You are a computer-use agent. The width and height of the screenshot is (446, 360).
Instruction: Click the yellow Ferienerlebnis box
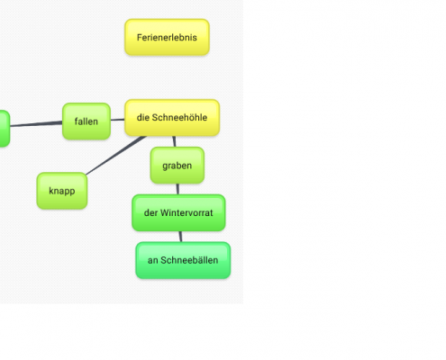(x=167, y=37)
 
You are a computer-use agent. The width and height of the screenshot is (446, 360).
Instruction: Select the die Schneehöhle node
(x=172, y=118)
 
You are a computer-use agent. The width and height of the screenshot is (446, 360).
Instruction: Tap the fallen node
(x=86, y=121)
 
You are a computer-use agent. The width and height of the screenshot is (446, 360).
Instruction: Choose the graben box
(x=177, y=166)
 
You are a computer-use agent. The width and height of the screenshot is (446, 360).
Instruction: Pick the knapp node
(x=62, y=191)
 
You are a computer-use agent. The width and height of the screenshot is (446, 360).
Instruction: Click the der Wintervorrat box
(x=178, y=212)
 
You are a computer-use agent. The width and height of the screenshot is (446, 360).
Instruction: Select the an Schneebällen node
(x=183, y=260)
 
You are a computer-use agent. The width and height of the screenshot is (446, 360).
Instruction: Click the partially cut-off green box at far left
(x=5, y=129)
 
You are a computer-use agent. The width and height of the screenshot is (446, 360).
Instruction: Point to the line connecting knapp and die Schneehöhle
(x=116, y=155)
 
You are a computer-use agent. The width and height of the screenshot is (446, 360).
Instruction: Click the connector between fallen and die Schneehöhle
(x=118, y=120)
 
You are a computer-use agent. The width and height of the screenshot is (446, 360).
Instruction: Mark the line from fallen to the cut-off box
(x=36, y=123)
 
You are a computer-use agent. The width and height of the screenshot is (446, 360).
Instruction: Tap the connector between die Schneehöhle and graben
(x=174, y=141)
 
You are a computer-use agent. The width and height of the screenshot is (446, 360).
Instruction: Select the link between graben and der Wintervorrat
(x=177, y=189)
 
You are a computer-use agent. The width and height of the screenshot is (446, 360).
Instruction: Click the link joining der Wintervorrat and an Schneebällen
(x=180, y=237)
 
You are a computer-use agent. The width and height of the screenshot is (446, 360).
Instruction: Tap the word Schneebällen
(x=189, y=260)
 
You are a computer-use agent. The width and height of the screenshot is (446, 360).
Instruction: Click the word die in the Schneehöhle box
(x=143, y=117)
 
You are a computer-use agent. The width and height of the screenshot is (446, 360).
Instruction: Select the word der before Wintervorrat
(x=150, y=212)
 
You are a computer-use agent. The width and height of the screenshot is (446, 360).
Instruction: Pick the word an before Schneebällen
(x=152, y=260)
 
